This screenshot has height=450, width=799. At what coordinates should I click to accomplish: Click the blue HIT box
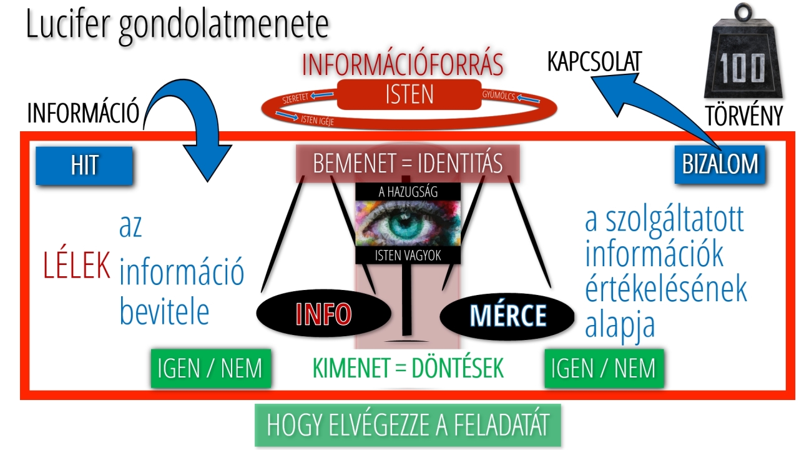click(84, 166)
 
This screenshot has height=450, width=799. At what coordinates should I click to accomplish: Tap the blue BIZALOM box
click(720, 164)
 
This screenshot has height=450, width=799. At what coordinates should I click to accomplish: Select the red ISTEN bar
click(409, 95)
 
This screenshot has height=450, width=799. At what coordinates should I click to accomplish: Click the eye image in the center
click(408, 223)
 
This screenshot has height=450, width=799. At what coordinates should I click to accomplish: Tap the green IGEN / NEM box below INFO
click(211, 368)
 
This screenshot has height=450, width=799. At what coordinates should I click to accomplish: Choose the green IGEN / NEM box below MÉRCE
click(604, 368)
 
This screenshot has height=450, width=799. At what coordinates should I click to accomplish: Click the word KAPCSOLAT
click(594, 62)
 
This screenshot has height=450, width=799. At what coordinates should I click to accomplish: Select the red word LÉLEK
click(77, 266)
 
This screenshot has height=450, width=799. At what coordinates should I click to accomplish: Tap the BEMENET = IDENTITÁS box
click(408, 164)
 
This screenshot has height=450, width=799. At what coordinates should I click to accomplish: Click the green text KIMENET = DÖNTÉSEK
click(408, 369)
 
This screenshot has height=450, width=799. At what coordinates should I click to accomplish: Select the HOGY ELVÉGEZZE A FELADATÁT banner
click(408, 425)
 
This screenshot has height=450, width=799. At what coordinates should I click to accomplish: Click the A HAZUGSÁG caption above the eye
click(408, 192)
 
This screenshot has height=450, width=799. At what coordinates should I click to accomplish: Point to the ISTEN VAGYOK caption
click(408, 255)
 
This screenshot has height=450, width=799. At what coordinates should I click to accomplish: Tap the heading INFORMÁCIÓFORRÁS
click(402, 64)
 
